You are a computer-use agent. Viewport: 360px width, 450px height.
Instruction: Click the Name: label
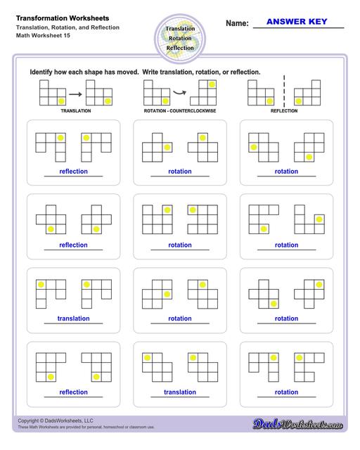[237, 23]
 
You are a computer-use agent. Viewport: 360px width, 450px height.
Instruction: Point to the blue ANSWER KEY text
[297, 22]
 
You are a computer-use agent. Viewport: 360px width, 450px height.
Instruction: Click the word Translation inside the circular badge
[180, 29]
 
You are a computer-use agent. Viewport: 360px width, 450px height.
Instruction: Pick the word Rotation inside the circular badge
[180, 38]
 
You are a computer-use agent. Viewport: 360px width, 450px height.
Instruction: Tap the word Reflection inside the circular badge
[180, 48]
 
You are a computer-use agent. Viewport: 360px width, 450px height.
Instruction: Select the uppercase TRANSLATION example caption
[75, 111]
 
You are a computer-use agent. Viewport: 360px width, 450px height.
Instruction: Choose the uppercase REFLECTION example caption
[284, 111]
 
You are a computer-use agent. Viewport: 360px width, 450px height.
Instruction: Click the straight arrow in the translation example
[75, 94]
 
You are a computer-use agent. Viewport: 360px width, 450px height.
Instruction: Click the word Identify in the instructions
[43, 72]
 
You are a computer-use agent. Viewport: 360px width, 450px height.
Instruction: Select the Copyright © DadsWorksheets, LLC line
[56, 420]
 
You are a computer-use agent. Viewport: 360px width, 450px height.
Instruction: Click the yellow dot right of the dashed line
[299, 101]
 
